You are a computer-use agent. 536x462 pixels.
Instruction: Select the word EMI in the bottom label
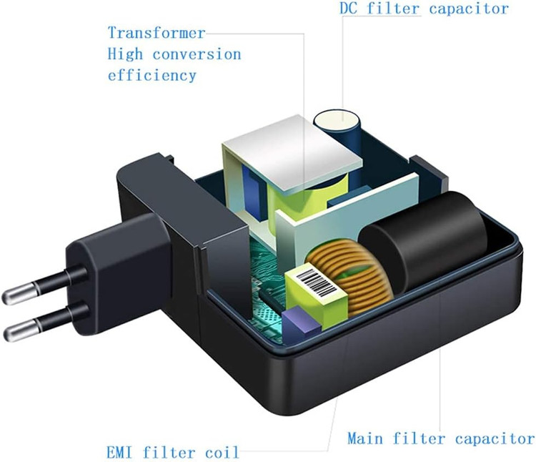[120, 452]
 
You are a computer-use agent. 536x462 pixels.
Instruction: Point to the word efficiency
[152, 74]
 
